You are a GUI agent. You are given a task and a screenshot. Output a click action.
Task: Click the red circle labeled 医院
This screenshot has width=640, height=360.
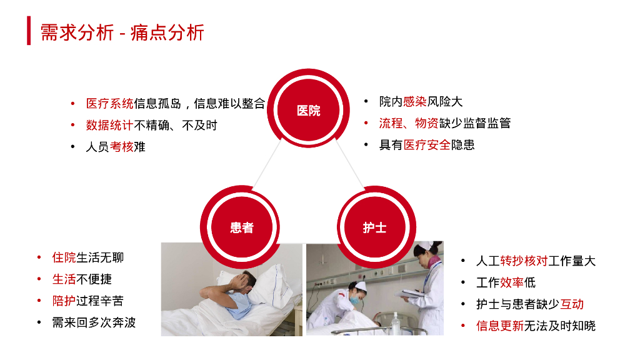[308, 109]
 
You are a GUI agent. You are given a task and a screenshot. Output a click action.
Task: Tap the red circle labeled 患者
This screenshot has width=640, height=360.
[241, 227]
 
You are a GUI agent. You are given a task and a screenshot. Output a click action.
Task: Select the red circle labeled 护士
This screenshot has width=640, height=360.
[375, 227]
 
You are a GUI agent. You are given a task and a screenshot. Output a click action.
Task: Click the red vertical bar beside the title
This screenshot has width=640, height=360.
[29, 31]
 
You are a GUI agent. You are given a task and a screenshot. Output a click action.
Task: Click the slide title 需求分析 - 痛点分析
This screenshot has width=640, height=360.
[122, 32]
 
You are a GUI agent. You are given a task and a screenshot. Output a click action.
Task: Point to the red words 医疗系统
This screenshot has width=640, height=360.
[109, 104]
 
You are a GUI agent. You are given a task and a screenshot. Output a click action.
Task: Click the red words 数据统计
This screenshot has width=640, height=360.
[109, 125]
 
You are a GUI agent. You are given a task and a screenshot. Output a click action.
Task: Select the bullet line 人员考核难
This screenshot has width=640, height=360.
[116, 147]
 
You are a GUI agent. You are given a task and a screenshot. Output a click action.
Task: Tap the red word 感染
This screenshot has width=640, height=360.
[415, 102]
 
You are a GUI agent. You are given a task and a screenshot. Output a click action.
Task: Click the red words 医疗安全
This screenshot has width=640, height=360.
[426, 145]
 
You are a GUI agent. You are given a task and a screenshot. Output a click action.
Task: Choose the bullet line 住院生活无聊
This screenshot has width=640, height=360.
[87, 257]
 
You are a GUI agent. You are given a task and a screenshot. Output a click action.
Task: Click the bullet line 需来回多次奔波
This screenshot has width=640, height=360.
[94, 322]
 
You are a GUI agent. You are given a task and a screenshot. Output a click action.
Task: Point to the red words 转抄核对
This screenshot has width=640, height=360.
[524, 261]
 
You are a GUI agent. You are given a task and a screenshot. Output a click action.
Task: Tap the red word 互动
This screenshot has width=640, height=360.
[572, 304]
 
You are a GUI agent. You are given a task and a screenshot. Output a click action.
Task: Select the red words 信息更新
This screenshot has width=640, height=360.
[499, 326]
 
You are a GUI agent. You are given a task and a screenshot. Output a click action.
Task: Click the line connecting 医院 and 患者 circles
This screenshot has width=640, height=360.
[267, 164]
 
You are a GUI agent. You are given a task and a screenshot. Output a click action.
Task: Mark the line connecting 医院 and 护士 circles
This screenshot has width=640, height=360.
[350, 164]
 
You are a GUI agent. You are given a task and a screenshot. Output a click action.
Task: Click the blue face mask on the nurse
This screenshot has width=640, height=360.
[354, 301]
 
